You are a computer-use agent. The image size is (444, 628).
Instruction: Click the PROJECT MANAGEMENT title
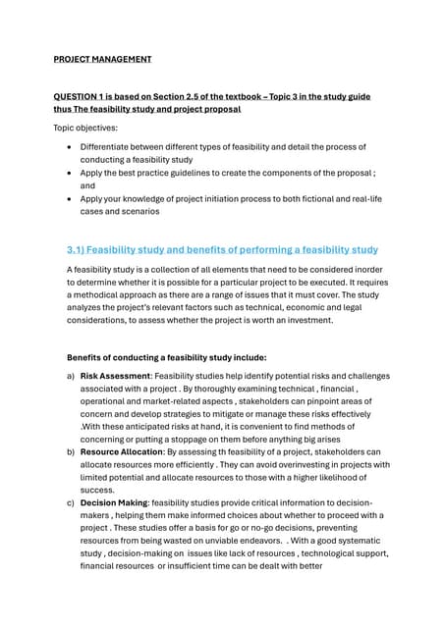[x=102, y=59]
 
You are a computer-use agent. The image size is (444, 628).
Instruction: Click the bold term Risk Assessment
[x=114, y=376]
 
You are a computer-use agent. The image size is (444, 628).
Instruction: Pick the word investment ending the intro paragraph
[x=308, y=320]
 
